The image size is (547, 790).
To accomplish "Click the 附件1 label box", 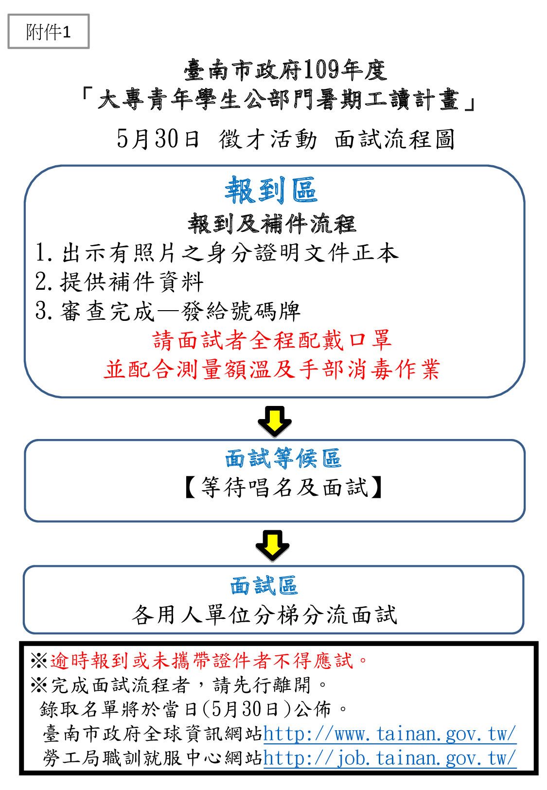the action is (x=48, y=32).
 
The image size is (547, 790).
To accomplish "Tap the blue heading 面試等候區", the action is (x=283, y=458).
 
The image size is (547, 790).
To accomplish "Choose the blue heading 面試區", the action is (x=264, y=585).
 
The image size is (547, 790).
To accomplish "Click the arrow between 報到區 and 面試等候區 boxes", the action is (x=274, y=422).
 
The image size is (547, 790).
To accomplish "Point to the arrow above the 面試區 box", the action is (x=272, y=545).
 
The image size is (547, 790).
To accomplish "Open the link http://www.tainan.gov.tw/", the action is (x=389, y=734).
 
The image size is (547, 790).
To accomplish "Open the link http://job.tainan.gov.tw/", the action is (x=389, y=758).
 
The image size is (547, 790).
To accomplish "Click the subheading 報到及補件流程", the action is (x=272, y=224).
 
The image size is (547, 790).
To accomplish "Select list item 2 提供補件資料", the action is (x=119, y=282).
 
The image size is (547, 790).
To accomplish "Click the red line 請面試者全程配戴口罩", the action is (x=272, y=340).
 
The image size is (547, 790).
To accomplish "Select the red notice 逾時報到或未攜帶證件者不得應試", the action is (x=201, y=660).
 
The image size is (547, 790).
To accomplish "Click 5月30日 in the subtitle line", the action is (x=158, y=139).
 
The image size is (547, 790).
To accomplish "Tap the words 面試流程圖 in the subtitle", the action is (x=394, y=139).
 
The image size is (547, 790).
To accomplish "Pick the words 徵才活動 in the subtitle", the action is (x=268, y=139).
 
